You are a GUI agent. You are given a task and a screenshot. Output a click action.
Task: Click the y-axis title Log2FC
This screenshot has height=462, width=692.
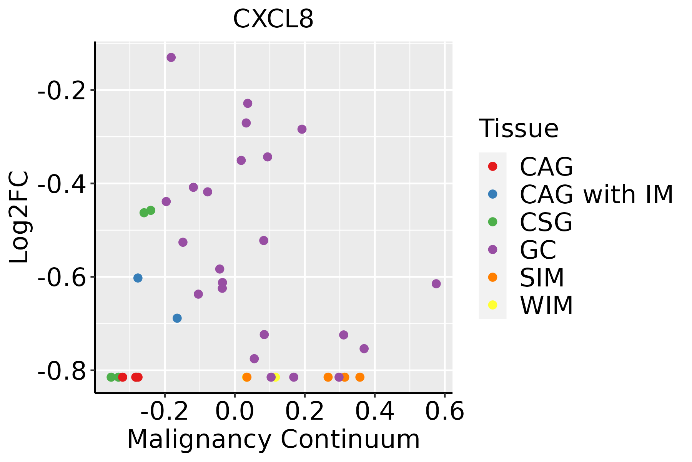(19, 217)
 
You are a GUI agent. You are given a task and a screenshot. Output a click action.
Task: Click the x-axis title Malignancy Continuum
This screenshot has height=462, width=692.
(273, 439)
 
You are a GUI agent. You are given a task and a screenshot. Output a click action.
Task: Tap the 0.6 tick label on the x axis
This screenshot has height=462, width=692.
(445, 412)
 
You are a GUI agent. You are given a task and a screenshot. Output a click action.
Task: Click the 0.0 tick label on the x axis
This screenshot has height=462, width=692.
(235, 412)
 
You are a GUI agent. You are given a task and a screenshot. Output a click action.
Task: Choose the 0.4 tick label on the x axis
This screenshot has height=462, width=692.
(374, 412)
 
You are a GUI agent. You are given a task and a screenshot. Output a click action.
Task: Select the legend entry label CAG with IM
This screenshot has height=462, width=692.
(596, 194)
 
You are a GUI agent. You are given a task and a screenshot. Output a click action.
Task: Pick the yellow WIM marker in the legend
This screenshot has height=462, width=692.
(492, 305)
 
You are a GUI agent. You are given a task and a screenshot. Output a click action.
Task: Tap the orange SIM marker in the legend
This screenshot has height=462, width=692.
(492, 277)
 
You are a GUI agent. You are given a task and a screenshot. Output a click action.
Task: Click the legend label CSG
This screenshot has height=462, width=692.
(546, 222)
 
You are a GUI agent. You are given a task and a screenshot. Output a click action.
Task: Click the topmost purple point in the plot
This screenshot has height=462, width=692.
(171, 57)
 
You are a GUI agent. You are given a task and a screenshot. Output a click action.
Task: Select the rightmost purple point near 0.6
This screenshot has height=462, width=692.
(436, 284)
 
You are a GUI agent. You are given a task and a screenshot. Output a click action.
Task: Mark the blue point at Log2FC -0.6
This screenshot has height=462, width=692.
(138, 278)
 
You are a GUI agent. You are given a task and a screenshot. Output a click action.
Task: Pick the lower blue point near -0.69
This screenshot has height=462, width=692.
(177, 318)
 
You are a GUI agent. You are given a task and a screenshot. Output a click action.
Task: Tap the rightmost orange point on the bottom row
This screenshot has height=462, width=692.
(360, 377)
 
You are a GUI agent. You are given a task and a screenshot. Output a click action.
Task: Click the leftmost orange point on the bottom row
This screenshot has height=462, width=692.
(247, 377)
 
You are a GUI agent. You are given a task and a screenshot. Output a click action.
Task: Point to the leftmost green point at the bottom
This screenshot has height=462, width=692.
(111, 377)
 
